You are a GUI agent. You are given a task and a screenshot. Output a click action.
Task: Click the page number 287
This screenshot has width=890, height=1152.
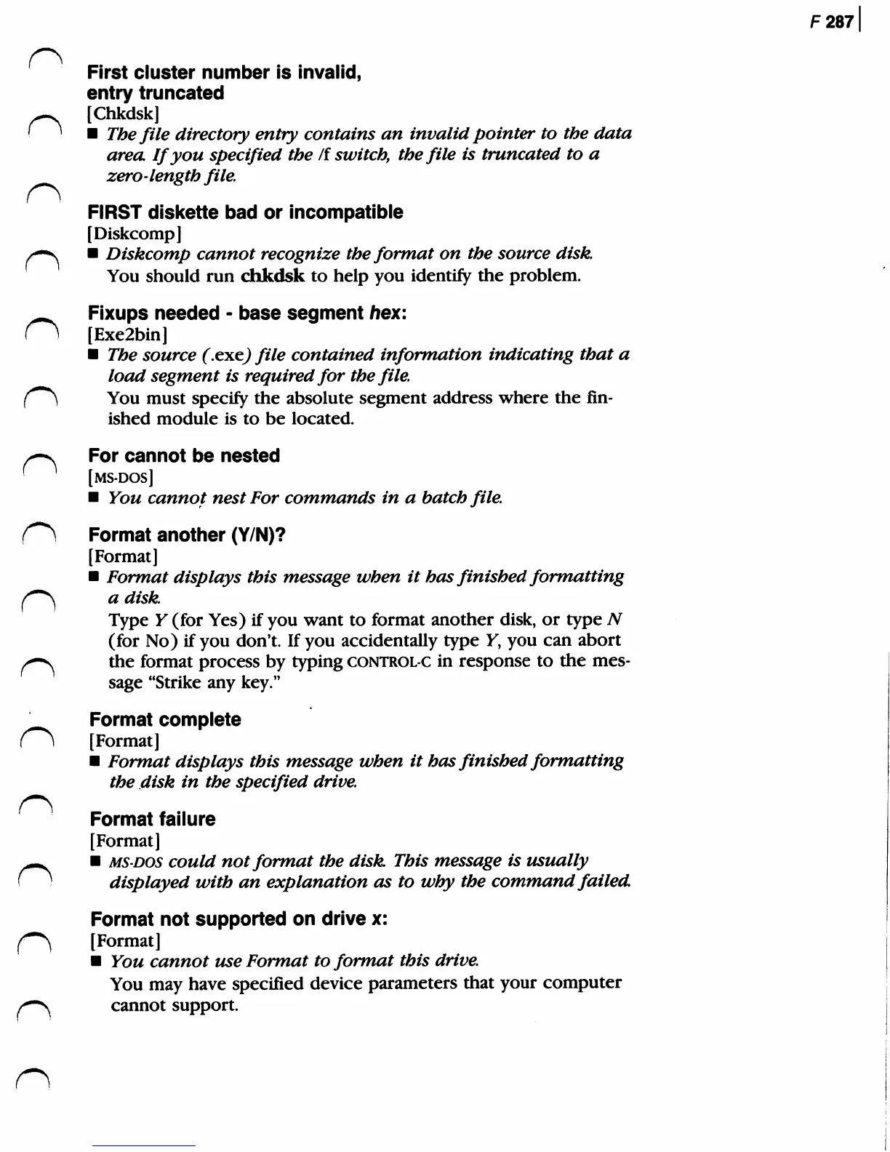[x=839, y=22]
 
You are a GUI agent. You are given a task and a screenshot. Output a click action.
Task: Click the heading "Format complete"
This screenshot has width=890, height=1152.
[x=165, y=720]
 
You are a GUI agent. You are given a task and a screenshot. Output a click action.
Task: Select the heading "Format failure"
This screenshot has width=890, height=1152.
[x=153, y=820]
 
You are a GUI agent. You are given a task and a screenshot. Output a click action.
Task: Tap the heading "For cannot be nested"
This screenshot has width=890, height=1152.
[x=184, y=456]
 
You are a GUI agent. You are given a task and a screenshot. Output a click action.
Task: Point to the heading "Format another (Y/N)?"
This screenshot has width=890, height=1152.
[x=187, y=535]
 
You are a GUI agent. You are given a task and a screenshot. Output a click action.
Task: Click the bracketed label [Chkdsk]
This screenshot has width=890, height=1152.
[x=123, y=113]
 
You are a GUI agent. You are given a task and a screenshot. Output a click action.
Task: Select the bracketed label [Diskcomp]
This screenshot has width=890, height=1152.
[x=134, y=233]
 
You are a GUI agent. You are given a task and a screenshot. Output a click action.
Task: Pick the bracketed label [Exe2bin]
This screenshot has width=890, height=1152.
[x=128, y=335]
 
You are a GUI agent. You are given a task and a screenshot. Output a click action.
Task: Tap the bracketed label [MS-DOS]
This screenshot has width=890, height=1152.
[x=121, y=478]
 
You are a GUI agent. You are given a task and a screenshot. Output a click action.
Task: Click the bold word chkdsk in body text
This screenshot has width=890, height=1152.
[x=272, y=276]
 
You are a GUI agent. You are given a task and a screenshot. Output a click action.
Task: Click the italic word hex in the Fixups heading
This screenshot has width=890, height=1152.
[x=383, y=313]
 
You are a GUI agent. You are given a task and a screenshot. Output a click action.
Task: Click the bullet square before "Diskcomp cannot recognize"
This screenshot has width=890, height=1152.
[x=92, y=255]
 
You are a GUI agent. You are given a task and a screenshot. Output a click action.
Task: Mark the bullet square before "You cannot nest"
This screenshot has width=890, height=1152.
[x=93, y=498]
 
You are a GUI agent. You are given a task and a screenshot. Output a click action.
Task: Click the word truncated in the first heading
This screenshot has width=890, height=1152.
[x=181, y=94]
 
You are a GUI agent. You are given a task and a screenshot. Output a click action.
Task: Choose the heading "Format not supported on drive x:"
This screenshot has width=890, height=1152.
[x=238, y=919]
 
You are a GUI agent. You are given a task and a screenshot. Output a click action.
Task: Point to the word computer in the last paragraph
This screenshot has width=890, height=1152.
[x=580, y=983]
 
